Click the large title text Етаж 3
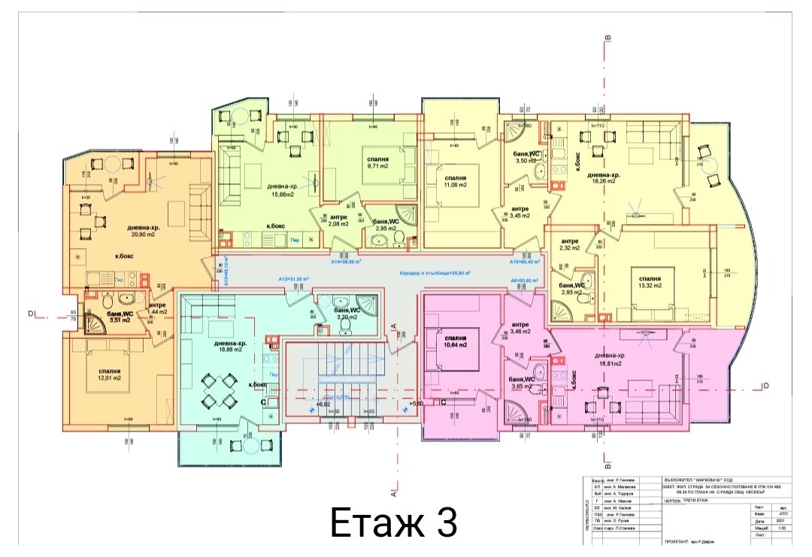pos(393,523)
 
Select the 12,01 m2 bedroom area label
pos(110,378)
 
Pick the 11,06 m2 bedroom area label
pos(456,184)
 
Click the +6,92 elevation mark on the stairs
pos(324,404)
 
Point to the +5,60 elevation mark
pos(418,404)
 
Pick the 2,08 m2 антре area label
pos(338,224)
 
